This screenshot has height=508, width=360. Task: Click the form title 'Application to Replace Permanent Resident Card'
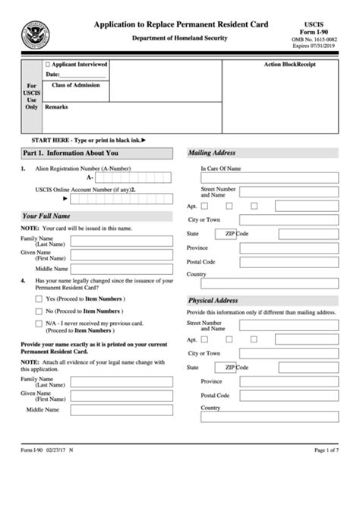click(x=181, y=25)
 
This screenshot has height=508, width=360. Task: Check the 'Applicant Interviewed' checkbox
click(x=49, y=65)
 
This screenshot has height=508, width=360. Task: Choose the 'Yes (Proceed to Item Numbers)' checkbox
click(x=39, y=299)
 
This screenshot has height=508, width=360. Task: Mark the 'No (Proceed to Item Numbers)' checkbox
click(x=39, y=311)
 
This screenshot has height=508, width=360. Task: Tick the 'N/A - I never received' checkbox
click(x=39, y=323)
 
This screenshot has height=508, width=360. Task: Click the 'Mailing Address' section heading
click(x=212, y=153)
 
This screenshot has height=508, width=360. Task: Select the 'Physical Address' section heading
click(x=214, y=301)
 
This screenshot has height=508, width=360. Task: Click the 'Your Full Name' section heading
click(x=46, y=216)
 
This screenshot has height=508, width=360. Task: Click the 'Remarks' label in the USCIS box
click(x=56, y=107)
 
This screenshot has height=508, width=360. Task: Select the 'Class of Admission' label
click(x=75, y=86)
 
